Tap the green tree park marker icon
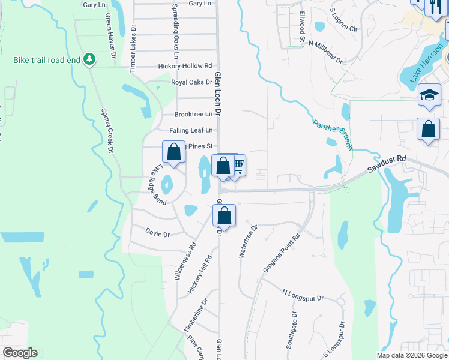(89, 59)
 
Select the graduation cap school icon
(429, 95)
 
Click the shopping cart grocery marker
(238, 164)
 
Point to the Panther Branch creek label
(332, 134)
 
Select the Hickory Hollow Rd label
(185, 66)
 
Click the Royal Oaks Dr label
(191, 82)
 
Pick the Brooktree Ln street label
(193, 114)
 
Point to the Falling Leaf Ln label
(191, 130)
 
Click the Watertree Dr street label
(247, 241)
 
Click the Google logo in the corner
(20, 353)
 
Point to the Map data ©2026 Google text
(412, 355)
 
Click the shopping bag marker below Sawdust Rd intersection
(224, 214)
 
